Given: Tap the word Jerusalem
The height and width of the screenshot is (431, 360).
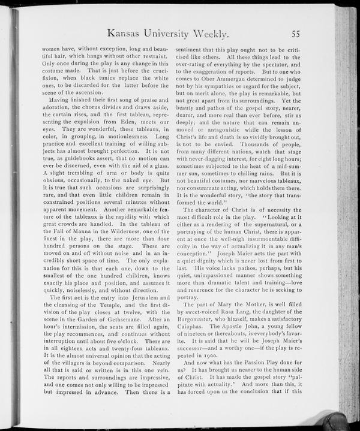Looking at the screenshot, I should tap(146, 298).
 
